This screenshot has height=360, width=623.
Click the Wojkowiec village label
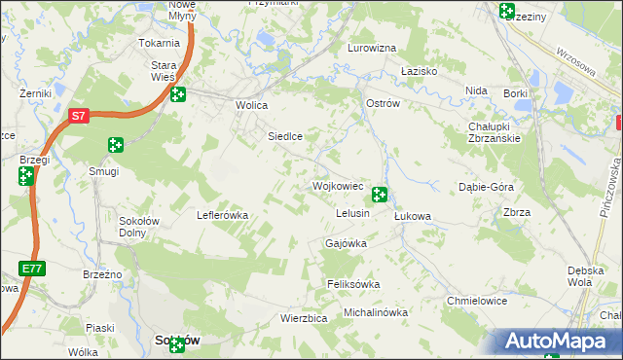(337, 185)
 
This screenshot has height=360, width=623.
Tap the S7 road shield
(79, 116)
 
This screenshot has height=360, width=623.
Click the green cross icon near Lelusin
(380, 195)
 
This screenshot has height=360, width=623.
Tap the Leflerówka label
(224, 215)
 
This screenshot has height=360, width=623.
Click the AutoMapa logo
(552, 341)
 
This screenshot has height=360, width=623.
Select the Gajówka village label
(346, 243)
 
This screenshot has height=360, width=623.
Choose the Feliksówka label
(352, 284)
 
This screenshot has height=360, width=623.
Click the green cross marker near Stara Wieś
(177, 94)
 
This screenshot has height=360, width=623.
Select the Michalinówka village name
(375, 312)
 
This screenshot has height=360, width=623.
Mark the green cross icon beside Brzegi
(25, 176)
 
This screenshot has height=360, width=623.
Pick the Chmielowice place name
(476, 301)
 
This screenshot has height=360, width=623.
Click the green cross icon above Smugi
(115, 145)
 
